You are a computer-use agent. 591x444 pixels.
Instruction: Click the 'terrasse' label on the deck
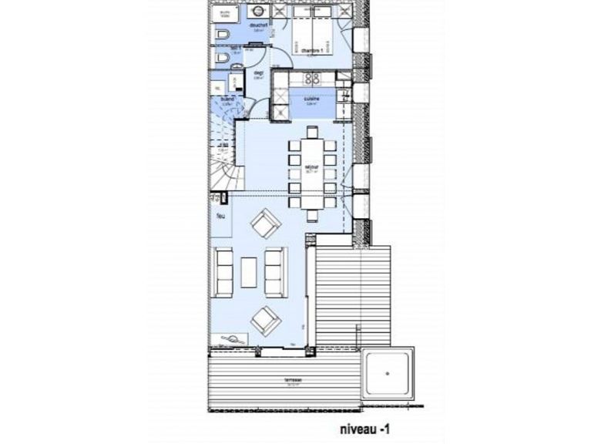pos(270,380)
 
